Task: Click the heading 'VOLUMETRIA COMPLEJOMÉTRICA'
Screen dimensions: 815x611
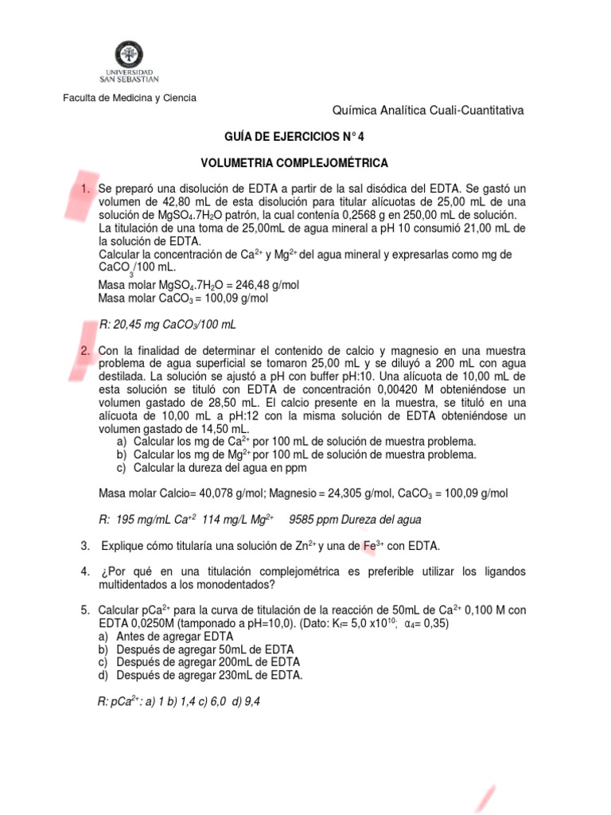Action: [294, 163]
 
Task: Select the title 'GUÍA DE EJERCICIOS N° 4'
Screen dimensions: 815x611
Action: [294, 135]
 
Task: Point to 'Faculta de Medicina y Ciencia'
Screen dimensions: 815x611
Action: [130, 98]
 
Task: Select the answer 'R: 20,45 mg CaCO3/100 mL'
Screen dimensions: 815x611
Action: [167, 326]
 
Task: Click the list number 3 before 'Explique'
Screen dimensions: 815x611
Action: [84, 546]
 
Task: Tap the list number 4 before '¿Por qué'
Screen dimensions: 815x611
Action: [84, 572]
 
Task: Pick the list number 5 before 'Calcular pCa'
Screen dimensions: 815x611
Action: [84, 610]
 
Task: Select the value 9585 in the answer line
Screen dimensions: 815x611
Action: [303, 520]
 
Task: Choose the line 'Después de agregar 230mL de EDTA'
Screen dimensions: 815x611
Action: [209, 675]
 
